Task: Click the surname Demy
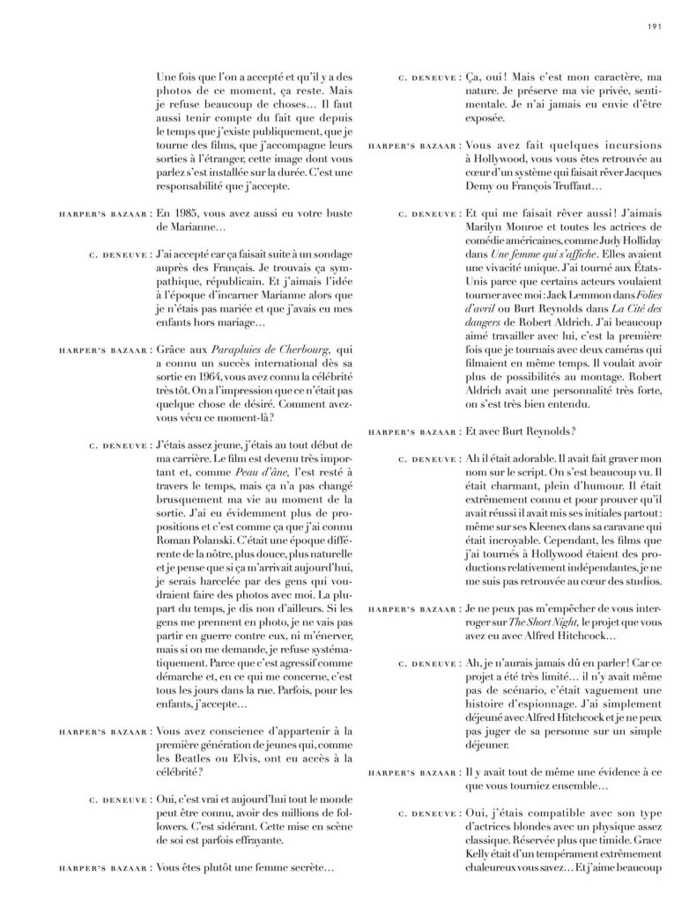click(480, 187)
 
